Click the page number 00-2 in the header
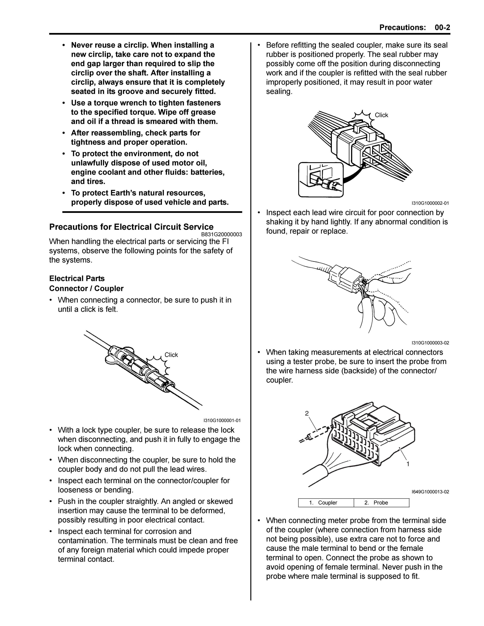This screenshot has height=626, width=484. point(442,28)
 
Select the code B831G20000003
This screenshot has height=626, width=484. point(221,234)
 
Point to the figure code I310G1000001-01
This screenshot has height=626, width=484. point(222,420)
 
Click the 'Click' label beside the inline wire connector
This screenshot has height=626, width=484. point(171,355)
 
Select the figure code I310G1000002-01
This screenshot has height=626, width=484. point(430,203)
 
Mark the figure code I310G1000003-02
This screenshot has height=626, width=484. point(430,343)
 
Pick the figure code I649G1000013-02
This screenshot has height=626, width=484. point(430,492)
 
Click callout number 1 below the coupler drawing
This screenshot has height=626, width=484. point(408,464)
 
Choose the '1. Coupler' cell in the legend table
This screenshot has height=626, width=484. point(326,503)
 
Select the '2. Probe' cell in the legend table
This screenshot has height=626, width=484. point(382,503)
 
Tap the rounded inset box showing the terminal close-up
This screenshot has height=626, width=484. point(321,180)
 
